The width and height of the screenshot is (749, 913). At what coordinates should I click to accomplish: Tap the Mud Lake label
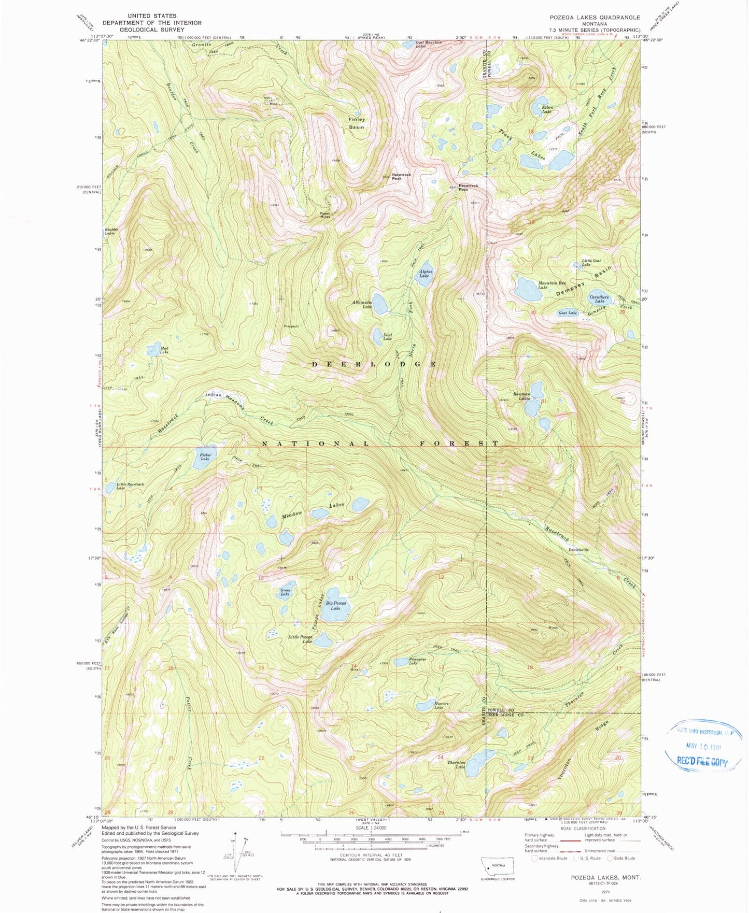[164, 350]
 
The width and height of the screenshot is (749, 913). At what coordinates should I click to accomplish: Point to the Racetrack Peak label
[401, 177]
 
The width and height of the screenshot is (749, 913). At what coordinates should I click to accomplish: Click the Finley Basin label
[357, 123]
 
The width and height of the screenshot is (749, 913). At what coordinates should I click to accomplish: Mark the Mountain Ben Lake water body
[528, 289]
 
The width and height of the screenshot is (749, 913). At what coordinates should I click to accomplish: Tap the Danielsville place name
[578, 550]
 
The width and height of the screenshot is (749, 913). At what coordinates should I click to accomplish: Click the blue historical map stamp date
[703, 747]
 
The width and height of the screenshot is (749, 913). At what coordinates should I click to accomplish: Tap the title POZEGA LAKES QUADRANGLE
[595, 18]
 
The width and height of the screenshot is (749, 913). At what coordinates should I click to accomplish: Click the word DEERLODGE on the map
[375, 364]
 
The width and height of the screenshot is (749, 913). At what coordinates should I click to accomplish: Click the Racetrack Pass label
[468, 187]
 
